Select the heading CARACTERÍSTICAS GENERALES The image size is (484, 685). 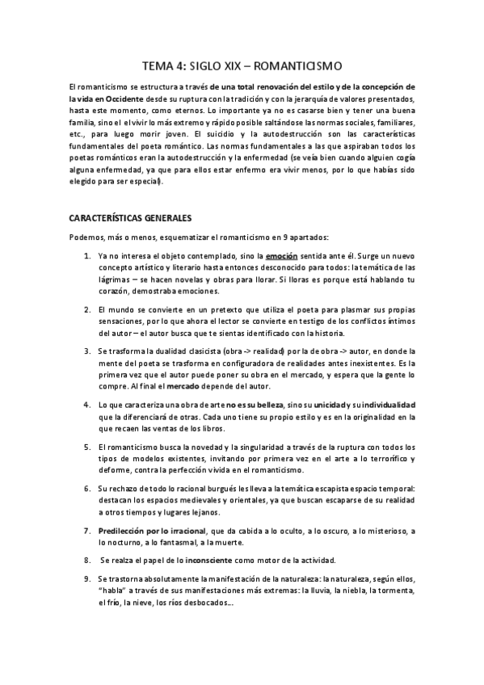[x=129, y=217]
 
